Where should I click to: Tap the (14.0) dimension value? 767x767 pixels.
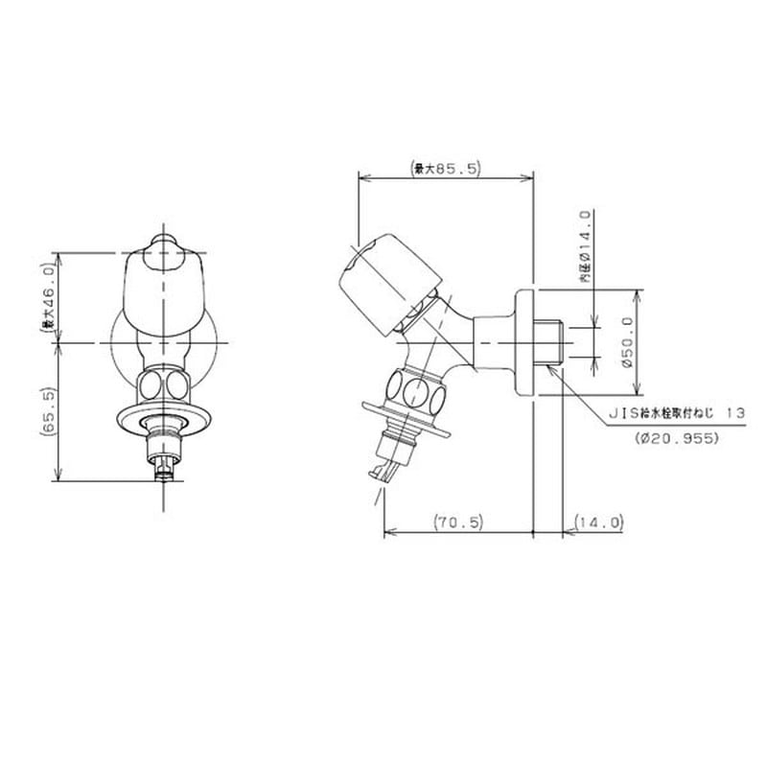click(x=600, y=523)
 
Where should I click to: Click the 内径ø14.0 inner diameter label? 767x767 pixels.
click(x=585, y=246)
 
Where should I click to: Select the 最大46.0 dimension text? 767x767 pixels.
click(x=45, y=298)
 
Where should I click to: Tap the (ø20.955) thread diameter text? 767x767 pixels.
click(x=677, y=437)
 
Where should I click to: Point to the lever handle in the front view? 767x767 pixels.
click(x=165, y=288)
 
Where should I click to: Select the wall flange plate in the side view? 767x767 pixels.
click(x=523, y=342)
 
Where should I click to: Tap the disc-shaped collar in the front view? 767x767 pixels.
click(x=165, y=416)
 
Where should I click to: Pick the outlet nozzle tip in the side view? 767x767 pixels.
click(x=383, y=471)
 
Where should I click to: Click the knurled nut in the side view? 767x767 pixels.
click(x=414, y=391)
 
